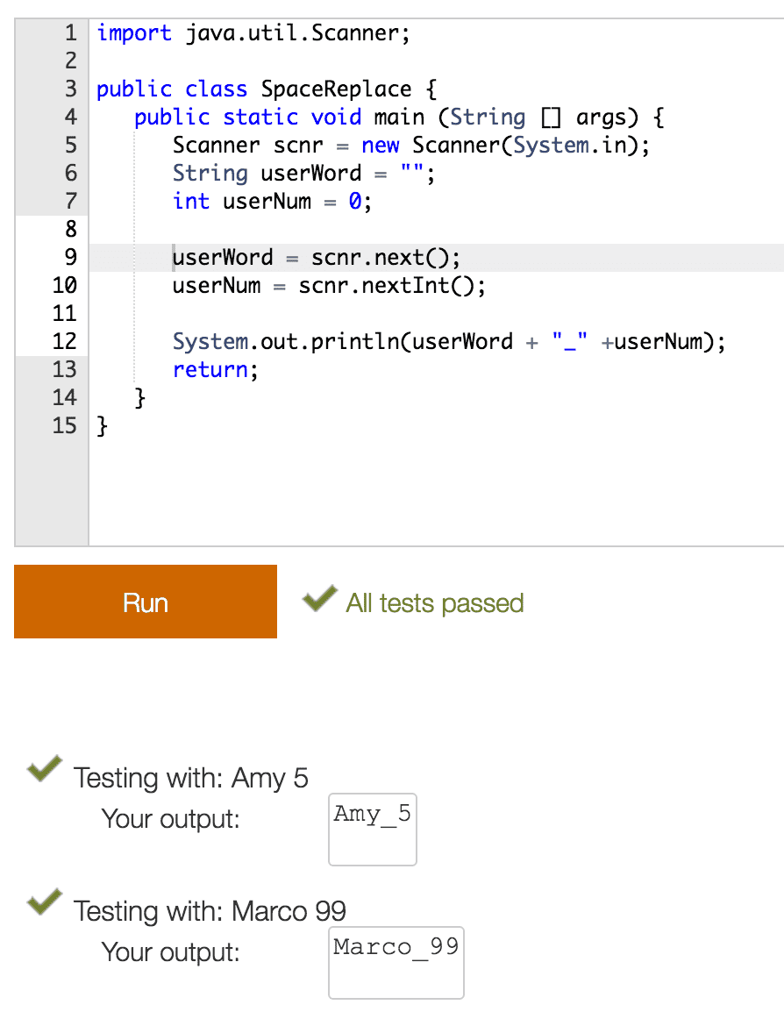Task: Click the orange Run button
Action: pos(146,602)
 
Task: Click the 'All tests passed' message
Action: pos(435,602)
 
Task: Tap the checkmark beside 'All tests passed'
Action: pos(319,598)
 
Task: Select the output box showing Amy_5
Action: pos(373,829)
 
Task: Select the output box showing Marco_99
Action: pos(396,963)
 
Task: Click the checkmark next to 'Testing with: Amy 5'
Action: pos(45,768)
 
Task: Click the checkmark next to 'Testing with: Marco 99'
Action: pos(45,901)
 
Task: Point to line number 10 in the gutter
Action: pos(65,285)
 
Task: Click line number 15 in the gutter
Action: pos(65,425)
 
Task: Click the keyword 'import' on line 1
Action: pos(134,33)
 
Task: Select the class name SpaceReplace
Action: pos(337,89)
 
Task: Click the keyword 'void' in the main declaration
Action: pos(336,118)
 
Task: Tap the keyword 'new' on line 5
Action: pos(381,146)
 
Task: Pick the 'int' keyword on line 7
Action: pos(191,201)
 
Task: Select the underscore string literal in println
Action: pos(569,341)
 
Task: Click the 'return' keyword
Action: pos(210,370)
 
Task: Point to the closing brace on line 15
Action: pos(102,426)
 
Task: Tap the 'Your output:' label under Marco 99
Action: pos(171,952)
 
